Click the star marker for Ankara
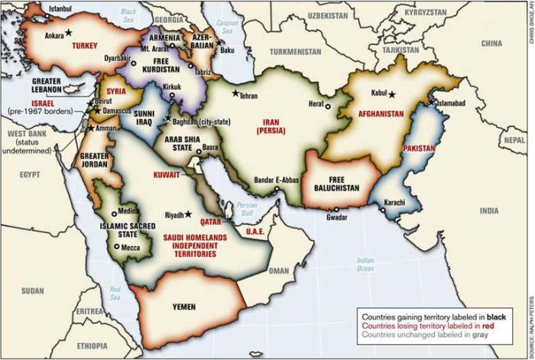click(x=68, y=33)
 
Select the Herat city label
click(x=317, y=106)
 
